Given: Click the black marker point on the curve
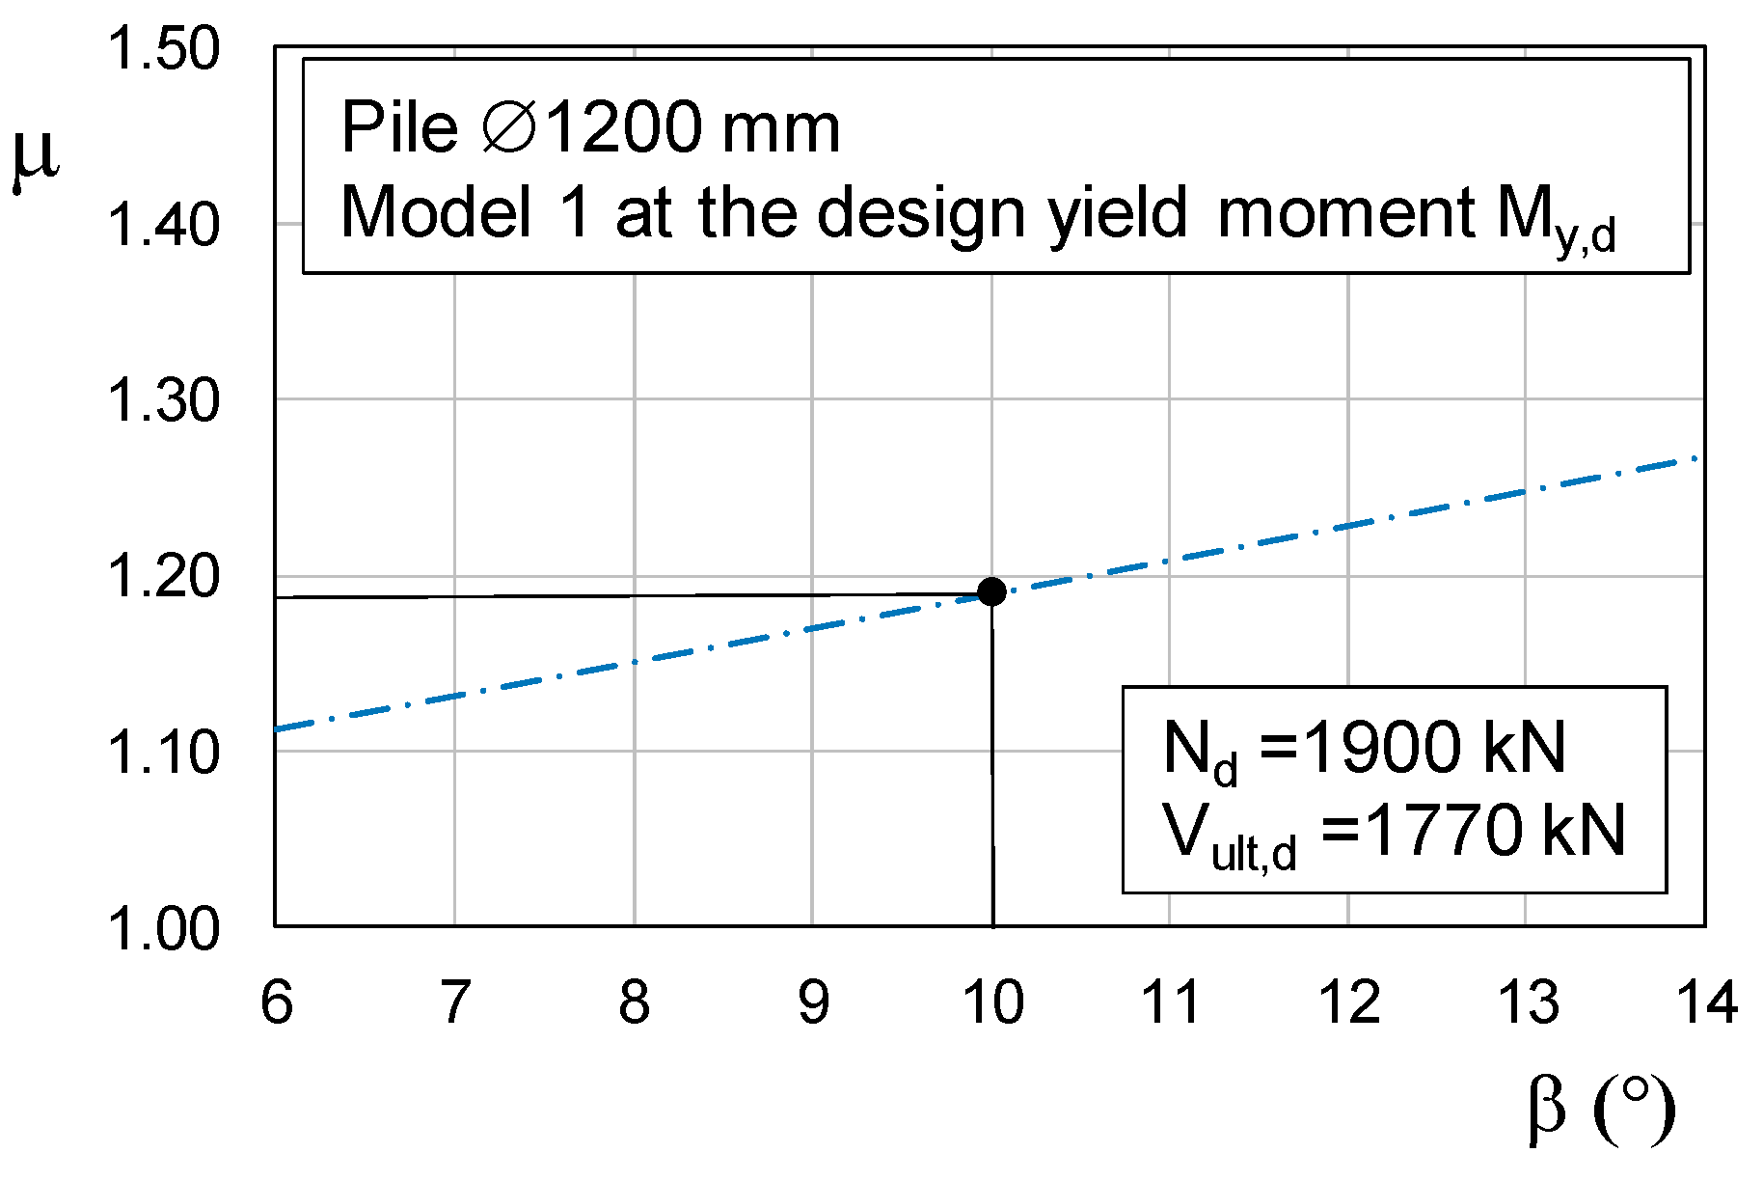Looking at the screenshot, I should click(991, 591).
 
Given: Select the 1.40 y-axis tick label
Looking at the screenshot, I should click(163, 225).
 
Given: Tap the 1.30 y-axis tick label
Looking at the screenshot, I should click(163, 400).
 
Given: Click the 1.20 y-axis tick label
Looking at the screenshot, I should click(163, 577).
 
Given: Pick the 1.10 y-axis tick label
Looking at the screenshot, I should click(163, 753).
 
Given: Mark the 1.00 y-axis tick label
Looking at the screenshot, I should click(163, 928).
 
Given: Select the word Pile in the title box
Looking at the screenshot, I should click(399, 127).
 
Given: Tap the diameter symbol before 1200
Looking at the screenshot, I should click(509, 127).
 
